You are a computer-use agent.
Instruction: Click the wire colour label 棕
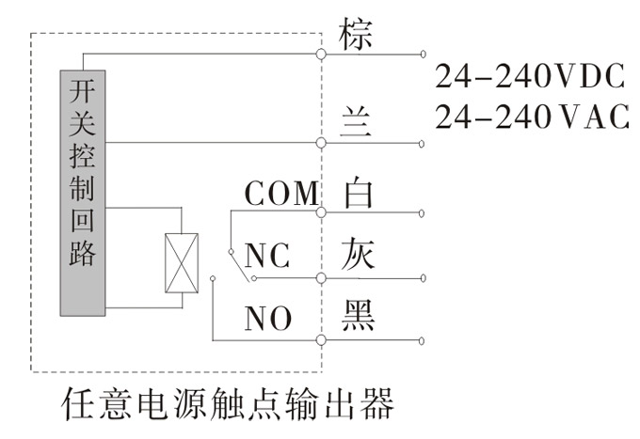click(355, 34)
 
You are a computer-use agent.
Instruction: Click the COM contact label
click(281, 195)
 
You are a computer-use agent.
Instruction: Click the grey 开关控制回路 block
click(83, 193)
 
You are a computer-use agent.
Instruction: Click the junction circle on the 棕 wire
click(322, 55)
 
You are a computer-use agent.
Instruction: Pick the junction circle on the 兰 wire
click(322, 143)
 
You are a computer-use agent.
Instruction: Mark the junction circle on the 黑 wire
click(322, 339)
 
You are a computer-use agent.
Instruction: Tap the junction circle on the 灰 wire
click(322, 278)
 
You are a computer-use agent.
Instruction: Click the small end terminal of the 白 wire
click(422, 212)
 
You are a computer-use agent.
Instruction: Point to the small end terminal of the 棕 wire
click(422, 55)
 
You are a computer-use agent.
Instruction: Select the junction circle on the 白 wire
click(322, 212)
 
